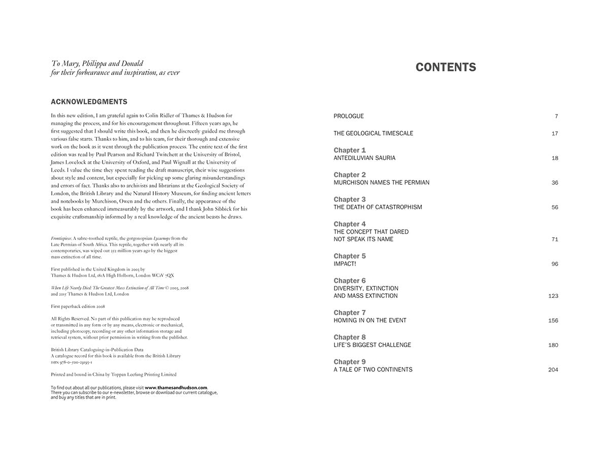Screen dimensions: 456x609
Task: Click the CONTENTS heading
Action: pyautogui.click(x=446, y=67)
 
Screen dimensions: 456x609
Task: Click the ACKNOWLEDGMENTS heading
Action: pyautogui.click(x=89, y=102)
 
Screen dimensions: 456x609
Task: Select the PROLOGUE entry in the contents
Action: pyautogui.click(x=349, y=117)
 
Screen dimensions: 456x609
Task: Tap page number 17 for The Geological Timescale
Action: pyautogui.click(x=555, y=134)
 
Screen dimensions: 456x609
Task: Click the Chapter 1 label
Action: pyautogui.click(x=350, y=150)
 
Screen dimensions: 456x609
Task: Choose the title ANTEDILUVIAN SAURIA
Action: pyautogui.click(x=364, y=158)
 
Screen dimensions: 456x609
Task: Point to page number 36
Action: pyautogui.click(x=555, y=183)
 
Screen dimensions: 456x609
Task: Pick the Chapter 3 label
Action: pyautogui.click(x=350, y=199)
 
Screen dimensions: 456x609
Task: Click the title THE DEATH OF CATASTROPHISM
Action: pyautogui.click(x=378, y=207)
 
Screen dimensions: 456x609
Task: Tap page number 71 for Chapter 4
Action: pyautogui.click(x=555, y=240)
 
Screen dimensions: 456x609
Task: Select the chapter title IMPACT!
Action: pyautogui.click(x=345, y=264)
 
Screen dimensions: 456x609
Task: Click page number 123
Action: pyautogui.click(x=553, y=296)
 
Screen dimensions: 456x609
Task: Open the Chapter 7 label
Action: pyautogui.click(x=350, y=313)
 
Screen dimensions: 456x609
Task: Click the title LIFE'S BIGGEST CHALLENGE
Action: pyautogui.click(x=372, y=345)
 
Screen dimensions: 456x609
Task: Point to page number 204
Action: pyautogui.click(x=553, y=370)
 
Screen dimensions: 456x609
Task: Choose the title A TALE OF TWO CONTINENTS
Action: pyautogui.click(x=373, y=370)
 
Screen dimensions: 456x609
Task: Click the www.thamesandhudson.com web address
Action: pyautogui.click(x=176, y=388)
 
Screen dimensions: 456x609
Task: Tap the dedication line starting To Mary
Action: pyautogui.click(x=97, y=64)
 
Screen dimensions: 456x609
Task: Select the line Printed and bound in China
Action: pyautogui.click(x=114, y=374)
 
